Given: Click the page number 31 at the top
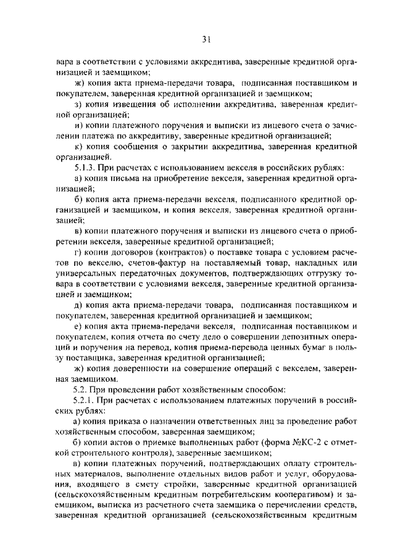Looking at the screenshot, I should [x=206, y=40].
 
